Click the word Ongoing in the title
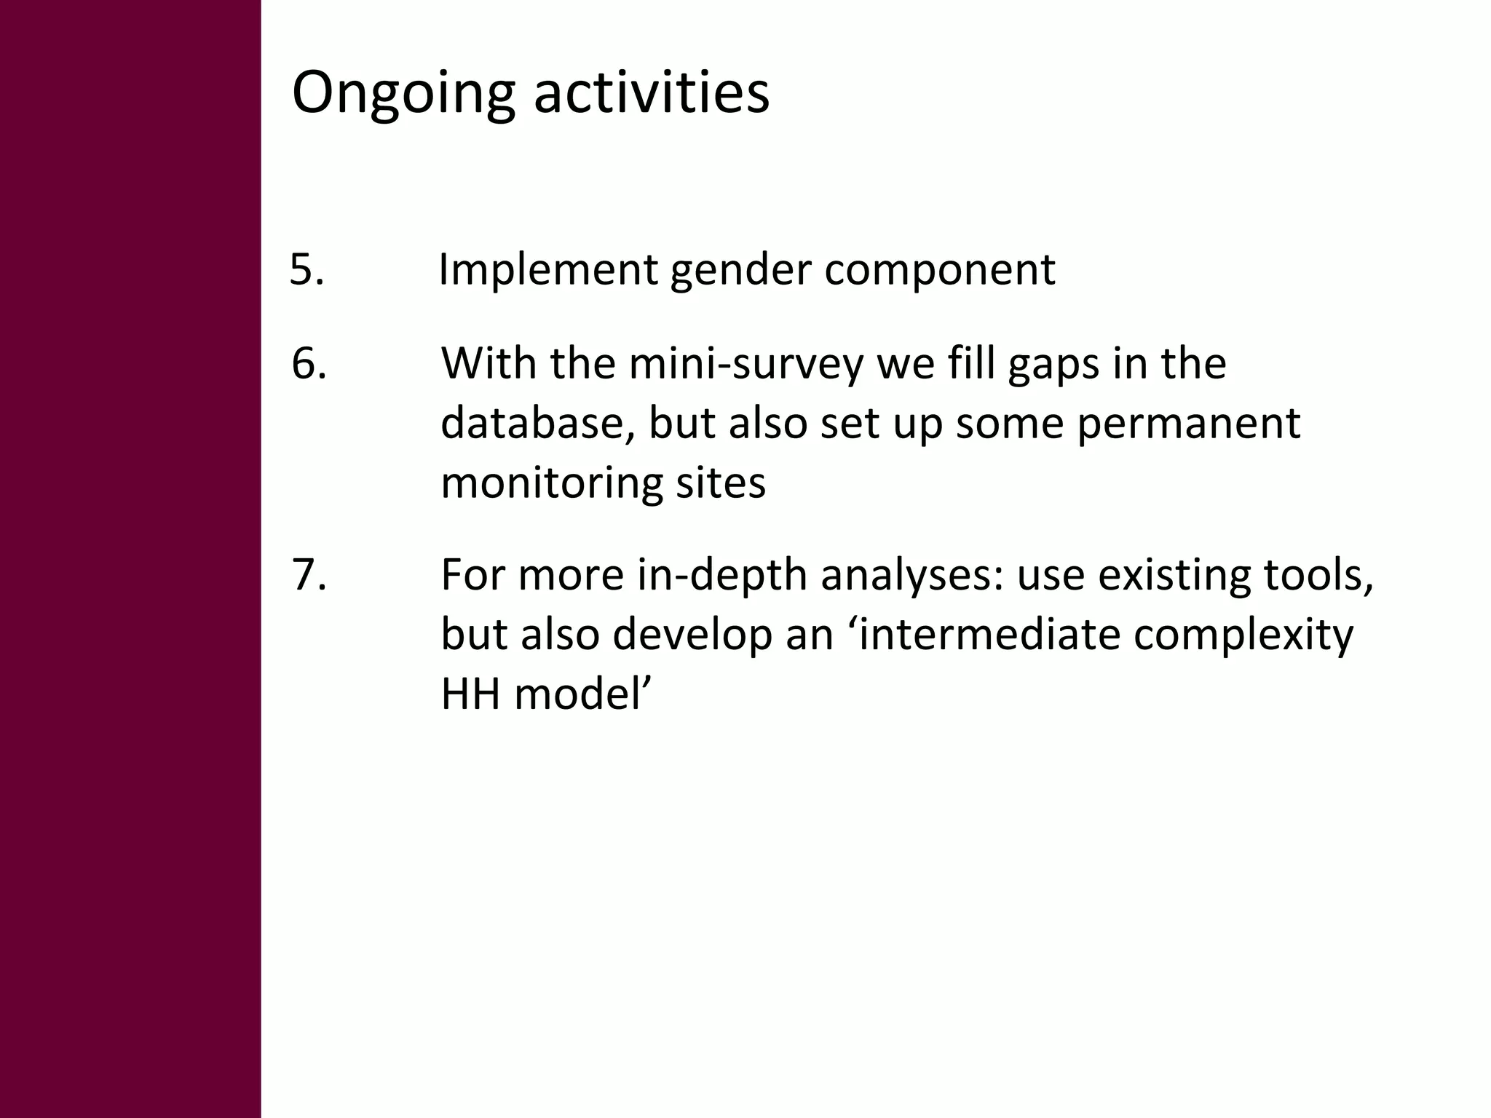(403, 93)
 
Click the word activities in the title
(651, 93)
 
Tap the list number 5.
(306, 269)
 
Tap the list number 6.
(309, 363)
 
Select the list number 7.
(309, 574)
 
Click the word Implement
(547, 270)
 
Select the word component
(939, 270)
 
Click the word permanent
(1188, 423)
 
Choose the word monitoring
(551, 483)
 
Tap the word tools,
(1318, 574)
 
